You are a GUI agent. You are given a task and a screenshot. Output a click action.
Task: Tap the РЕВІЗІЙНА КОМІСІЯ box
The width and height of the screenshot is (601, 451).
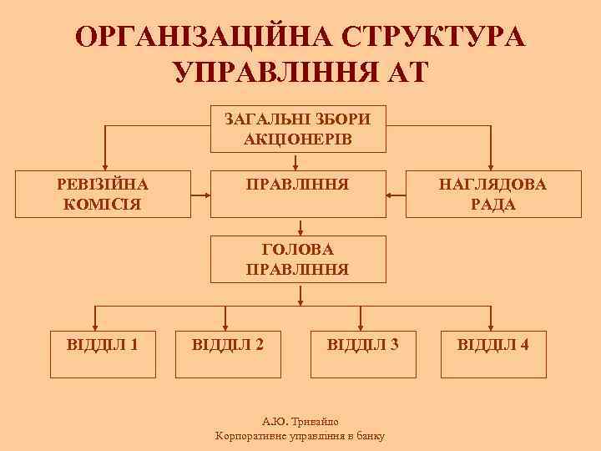click(106, 194)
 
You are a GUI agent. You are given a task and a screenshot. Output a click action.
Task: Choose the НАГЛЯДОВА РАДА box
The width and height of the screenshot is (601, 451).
click(492, 194)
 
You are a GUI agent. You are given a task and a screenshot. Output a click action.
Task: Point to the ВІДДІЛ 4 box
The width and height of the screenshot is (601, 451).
click(492, 343)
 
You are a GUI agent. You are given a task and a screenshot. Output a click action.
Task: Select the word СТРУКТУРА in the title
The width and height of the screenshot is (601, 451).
click(433, 37)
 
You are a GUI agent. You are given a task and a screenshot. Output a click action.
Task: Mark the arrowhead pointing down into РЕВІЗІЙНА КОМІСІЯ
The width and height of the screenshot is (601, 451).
click(106, 166)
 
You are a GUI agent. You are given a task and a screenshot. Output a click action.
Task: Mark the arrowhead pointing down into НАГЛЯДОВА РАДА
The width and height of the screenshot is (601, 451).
click(492, 166)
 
